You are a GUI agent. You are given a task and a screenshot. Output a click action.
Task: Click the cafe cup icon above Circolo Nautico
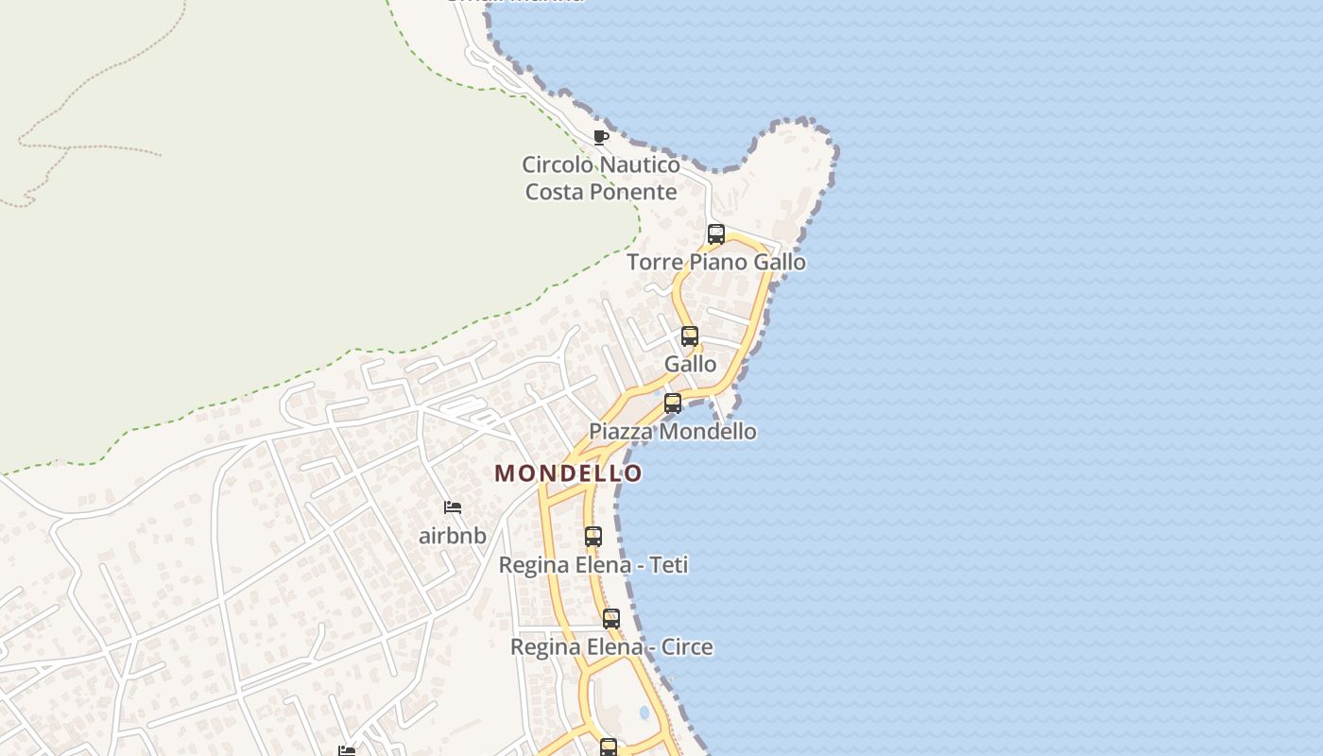coord(600,137)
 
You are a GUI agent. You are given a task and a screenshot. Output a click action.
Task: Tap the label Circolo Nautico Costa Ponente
coord(601,178)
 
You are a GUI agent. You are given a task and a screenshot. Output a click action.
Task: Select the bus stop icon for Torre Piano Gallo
coord(716,234)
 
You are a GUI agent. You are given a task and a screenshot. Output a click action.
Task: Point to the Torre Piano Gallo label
coord(716,262)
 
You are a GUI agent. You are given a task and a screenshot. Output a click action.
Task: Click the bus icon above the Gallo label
coord(690,336)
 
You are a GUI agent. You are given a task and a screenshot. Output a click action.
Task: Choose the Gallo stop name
coord(690,364)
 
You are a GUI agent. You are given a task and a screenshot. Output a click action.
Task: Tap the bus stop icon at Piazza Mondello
coord(673,404)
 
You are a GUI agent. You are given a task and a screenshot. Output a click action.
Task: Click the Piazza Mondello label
coord(672,431)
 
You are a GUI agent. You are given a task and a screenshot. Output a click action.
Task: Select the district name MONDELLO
coord(569,472)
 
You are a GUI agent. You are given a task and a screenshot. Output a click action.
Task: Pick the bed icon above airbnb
coord(453,507)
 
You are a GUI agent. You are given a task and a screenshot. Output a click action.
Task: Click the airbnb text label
coord(453,535)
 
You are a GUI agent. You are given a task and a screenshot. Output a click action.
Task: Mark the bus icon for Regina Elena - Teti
coord(593,537)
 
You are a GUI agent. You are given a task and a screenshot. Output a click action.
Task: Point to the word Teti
coord(667,564)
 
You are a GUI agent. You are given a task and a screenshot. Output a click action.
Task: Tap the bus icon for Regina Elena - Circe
coord(611,620)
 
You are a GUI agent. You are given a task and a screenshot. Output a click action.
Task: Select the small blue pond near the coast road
coord(644,712)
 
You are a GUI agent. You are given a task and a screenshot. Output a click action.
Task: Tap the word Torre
coord(656,262)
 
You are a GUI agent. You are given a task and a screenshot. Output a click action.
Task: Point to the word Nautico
coord(640,164)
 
